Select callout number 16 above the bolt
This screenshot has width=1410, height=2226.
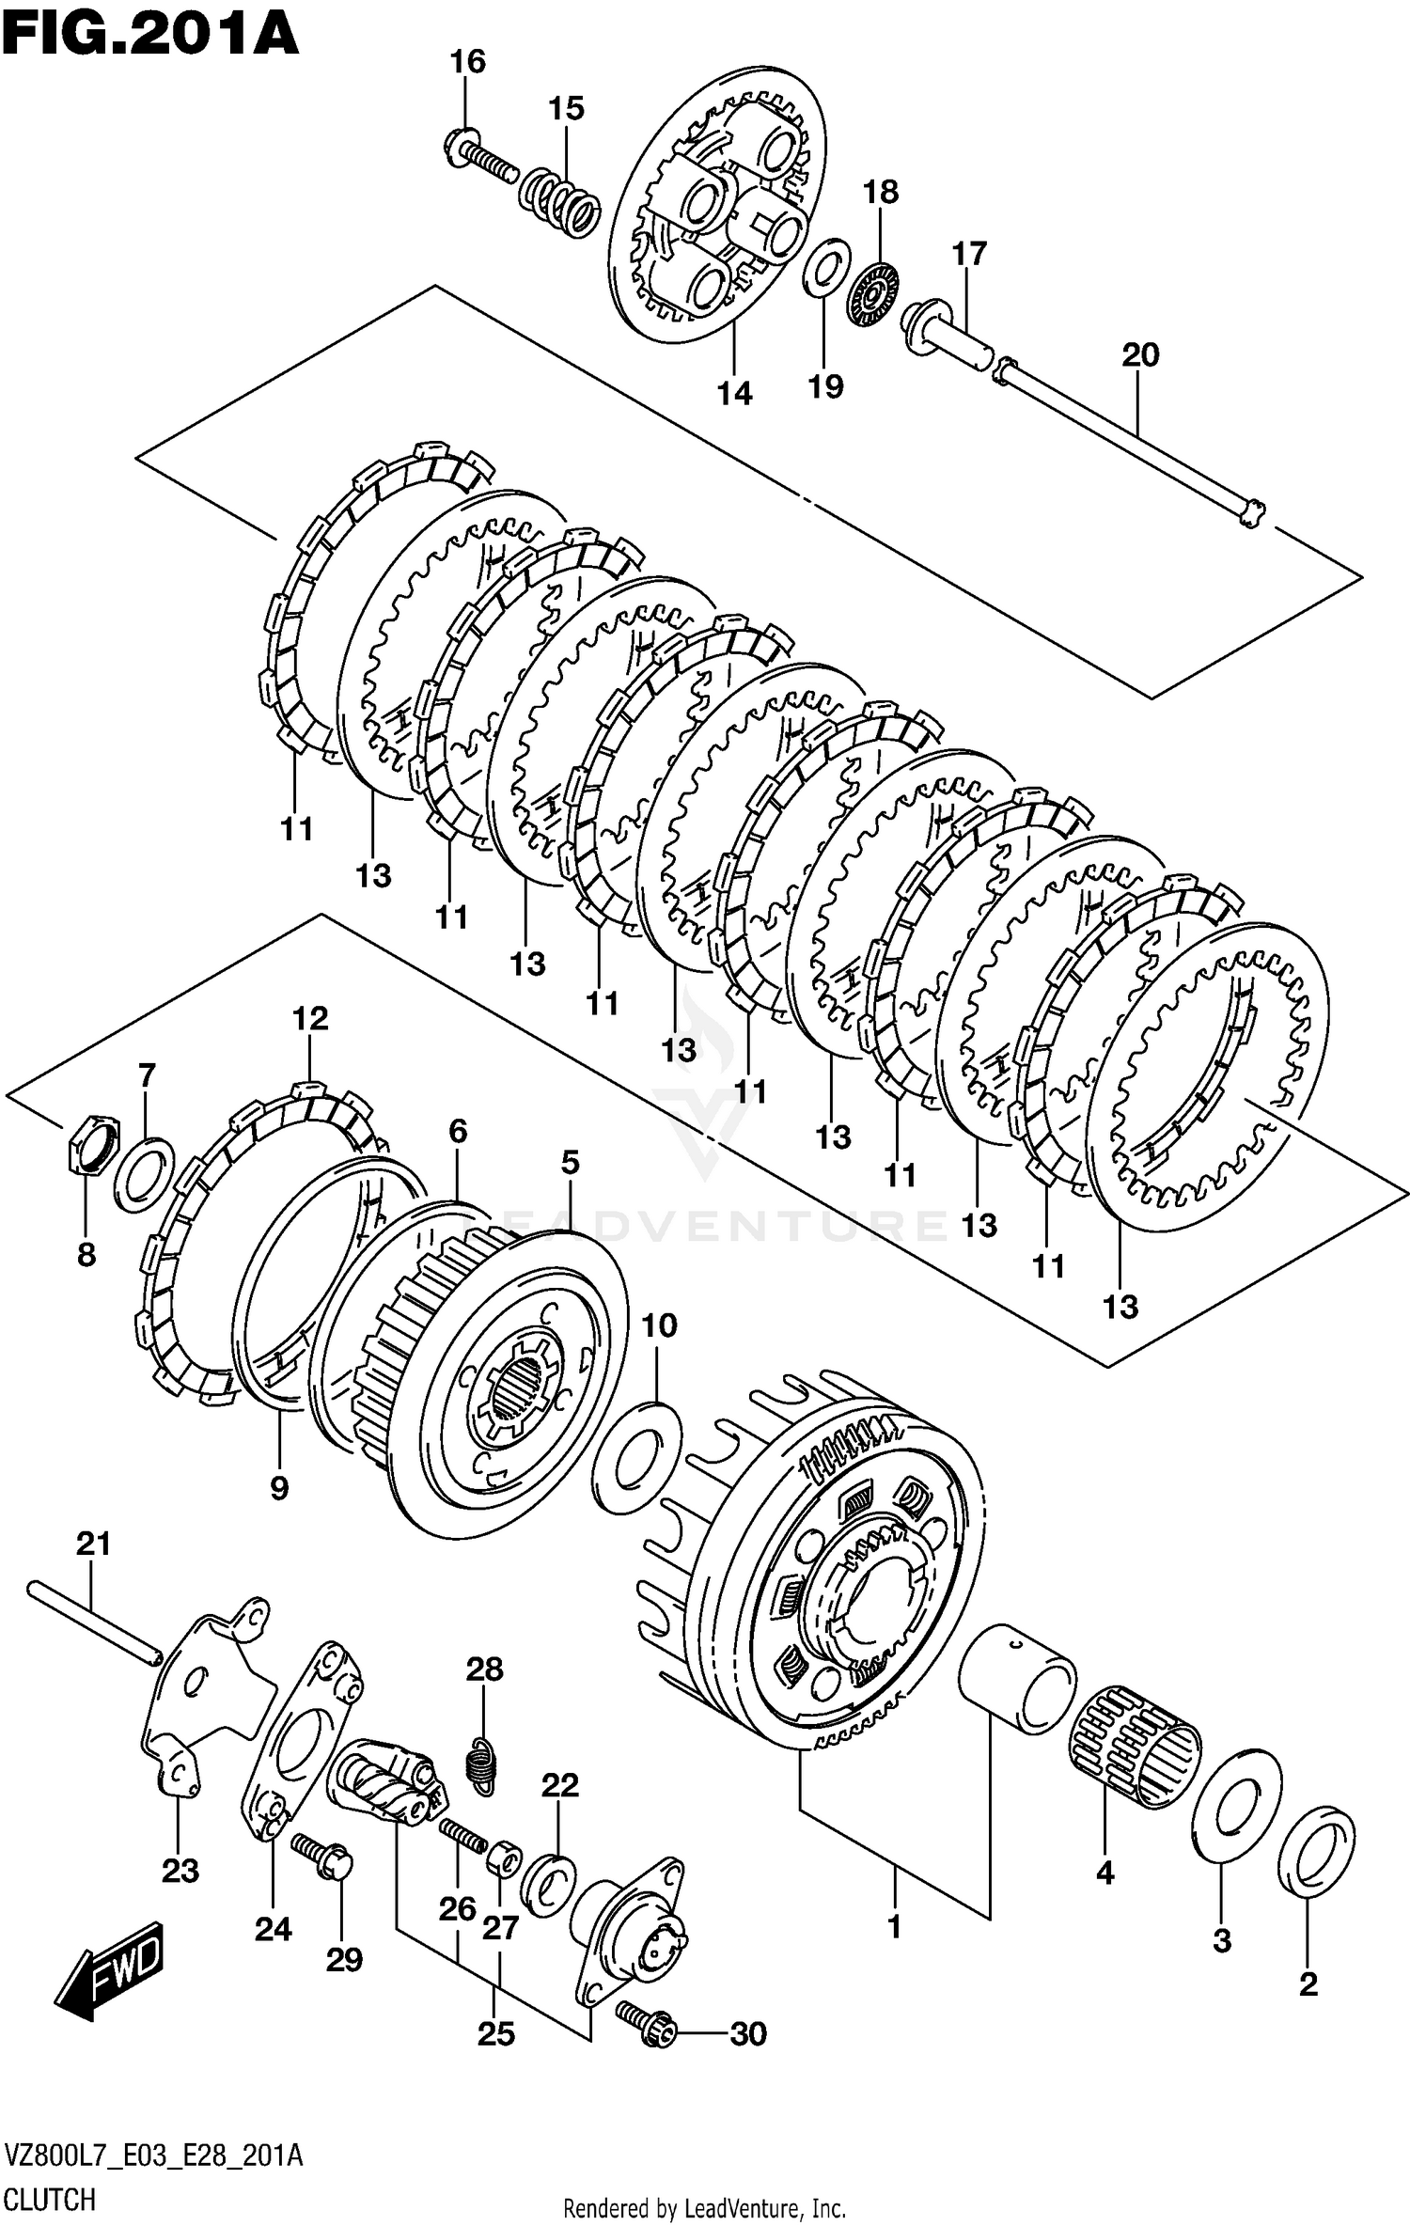pyautogui.click(x=467, y=62)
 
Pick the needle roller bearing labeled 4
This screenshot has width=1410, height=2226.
pyautogui.click(x=1136, y=1748)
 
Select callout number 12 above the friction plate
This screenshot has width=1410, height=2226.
pyautogui.click(x=310, y=1018)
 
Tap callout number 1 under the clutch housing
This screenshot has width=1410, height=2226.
pyautogui.click(x=893, y=1927)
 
